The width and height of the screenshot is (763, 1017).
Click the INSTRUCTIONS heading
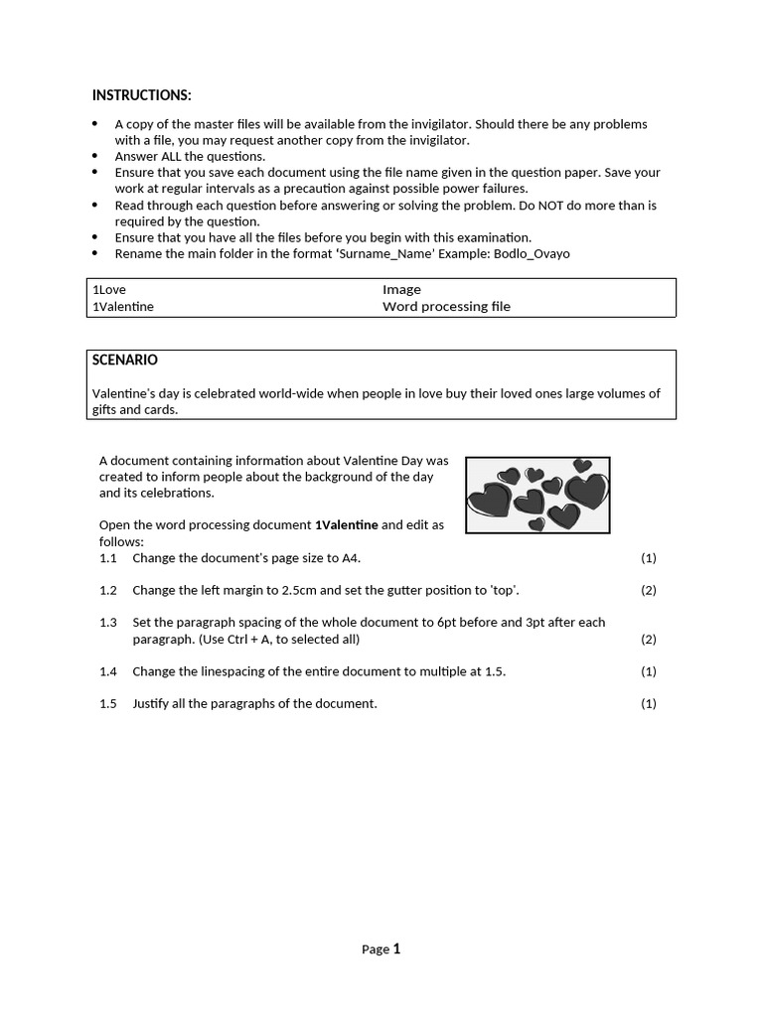point(141,95)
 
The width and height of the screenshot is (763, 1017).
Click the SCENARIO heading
point(124,361)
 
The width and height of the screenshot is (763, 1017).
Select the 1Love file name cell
point(109,290)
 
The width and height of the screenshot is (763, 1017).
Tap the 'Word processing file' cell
point(446,307)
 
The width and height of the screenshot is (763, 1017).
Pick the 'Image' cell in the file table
point(401,290)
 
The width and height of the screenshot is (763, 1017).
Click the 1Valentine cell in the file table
point(123,307)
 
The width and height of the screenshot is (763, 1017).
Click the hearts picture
point(537,495)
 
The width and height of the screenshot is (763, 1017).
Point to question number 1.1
point(108,558)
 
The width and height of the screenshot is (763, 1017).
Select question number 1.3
point(108,623)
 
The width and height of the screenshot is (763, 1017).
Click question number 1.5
point(108,704)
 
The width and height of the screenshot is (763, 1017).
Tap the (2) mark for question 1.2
point(649,591)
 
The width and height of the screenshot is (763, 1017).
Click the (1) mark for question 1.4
point(649,672)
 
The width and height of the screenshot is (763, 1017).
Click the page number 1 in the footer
point(396,948)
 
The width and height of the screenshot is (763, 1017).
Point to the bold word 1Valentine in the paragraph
point(346,525)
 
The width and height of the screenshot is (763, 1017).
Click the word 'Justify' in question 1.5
point(152,704)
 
